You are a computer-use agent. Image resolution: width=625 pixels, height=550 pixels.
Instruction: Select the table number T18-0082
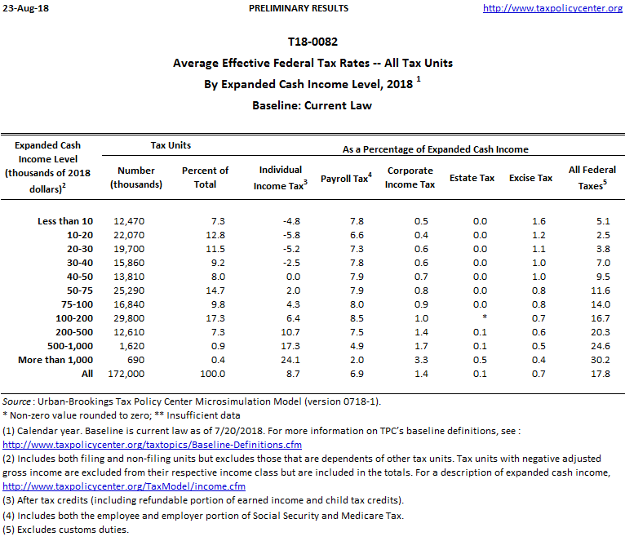coord(312,41)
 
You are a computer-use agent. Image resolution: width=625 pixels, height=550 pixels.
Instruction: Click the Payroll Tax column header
coord(346,178)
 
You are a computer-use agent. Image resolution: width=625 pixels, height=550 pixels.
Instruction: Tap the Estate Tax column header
coord(472,178)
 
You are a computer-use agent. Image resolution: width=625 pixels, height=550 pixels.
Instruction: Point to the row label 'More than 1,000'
coord(55,360)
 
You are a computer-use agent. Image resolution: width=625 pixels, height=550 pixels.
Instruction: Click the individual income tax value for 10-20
coord(291,235)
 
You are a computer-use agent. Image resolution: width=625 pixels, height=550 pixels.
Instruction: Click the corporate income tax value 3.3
coord(421,360)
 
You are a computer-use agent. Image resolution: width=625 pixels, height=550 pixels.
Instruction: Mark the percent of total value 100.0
coord(211,374)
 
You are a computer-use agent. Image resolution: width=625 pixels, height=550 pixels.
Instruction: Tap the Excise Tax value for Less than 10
coord(539,221)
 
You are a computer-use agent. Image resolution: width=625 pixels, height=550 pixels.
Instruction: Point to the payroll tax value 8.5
coord(357,318)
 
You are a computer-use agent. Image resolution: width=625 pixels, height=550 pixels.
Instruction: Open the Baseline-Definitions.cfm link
coord(153,446)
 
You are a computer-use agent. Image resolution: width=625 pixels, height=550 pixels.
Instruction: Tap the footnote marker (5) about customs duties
coord(9,530)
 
